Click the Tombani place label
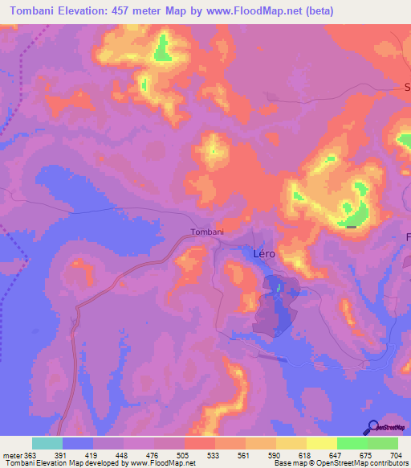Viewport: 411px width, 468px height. [x=207, y=232]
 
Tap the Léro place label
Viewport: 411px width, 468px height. [x=264, y=253]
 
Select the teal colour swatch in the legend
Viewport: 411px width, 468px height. [x=47, y=443]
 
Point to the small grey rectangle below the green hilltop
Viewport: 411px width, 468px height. [x=352, y=227]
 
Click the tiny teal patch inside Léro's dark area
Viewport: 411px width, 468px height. [x=279, y=286]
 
